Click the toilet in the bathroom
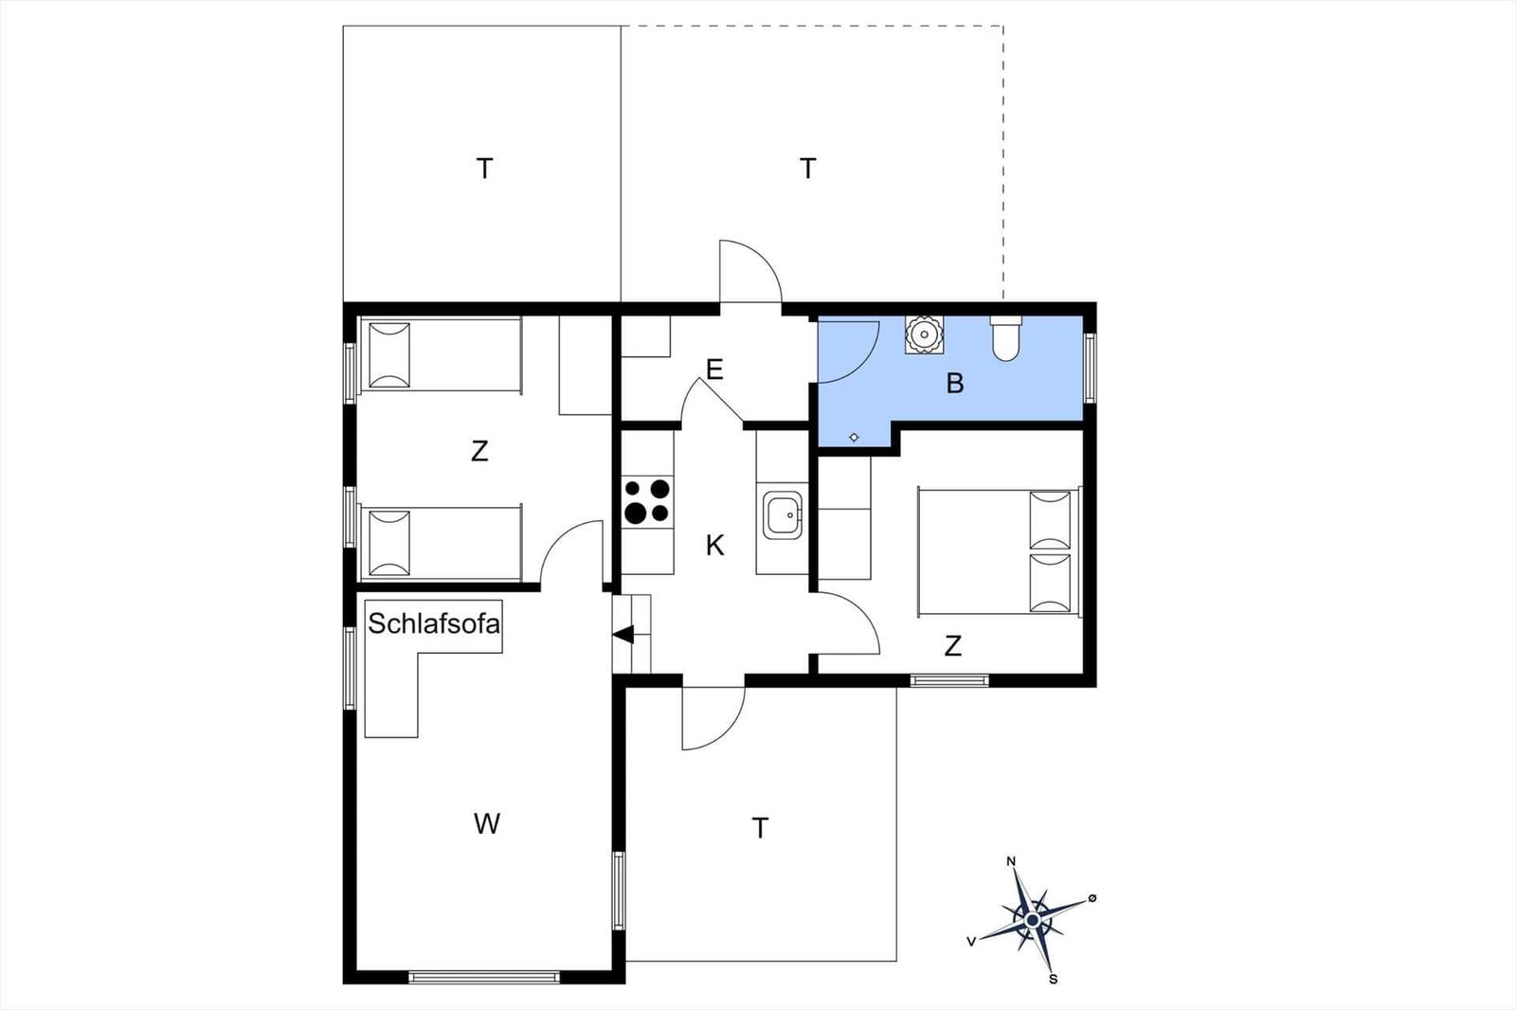point(1005,338)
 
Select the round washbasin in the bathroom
point(924,334)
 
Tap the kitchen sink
point(783,515)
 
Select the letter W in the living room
point(487,824)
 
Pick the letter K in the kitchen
point(714,545)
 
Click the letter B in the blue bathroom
point(955,384)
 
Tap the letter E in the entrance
point(714,370)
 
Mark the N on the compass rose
point(1011,861)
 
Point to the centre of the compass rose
point(1032,920)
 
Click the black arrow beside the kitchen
point(623,635)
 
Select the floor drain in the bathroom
point(854,438)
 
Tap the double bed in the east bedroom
point(999,551)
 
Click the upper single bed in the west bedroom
point(442,354)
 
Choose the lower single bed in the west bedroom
point(442,543)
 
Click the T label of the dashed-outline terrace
point(807,168)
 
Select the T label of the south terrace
point(760,828)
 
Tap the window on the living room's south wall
point(484,977)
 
